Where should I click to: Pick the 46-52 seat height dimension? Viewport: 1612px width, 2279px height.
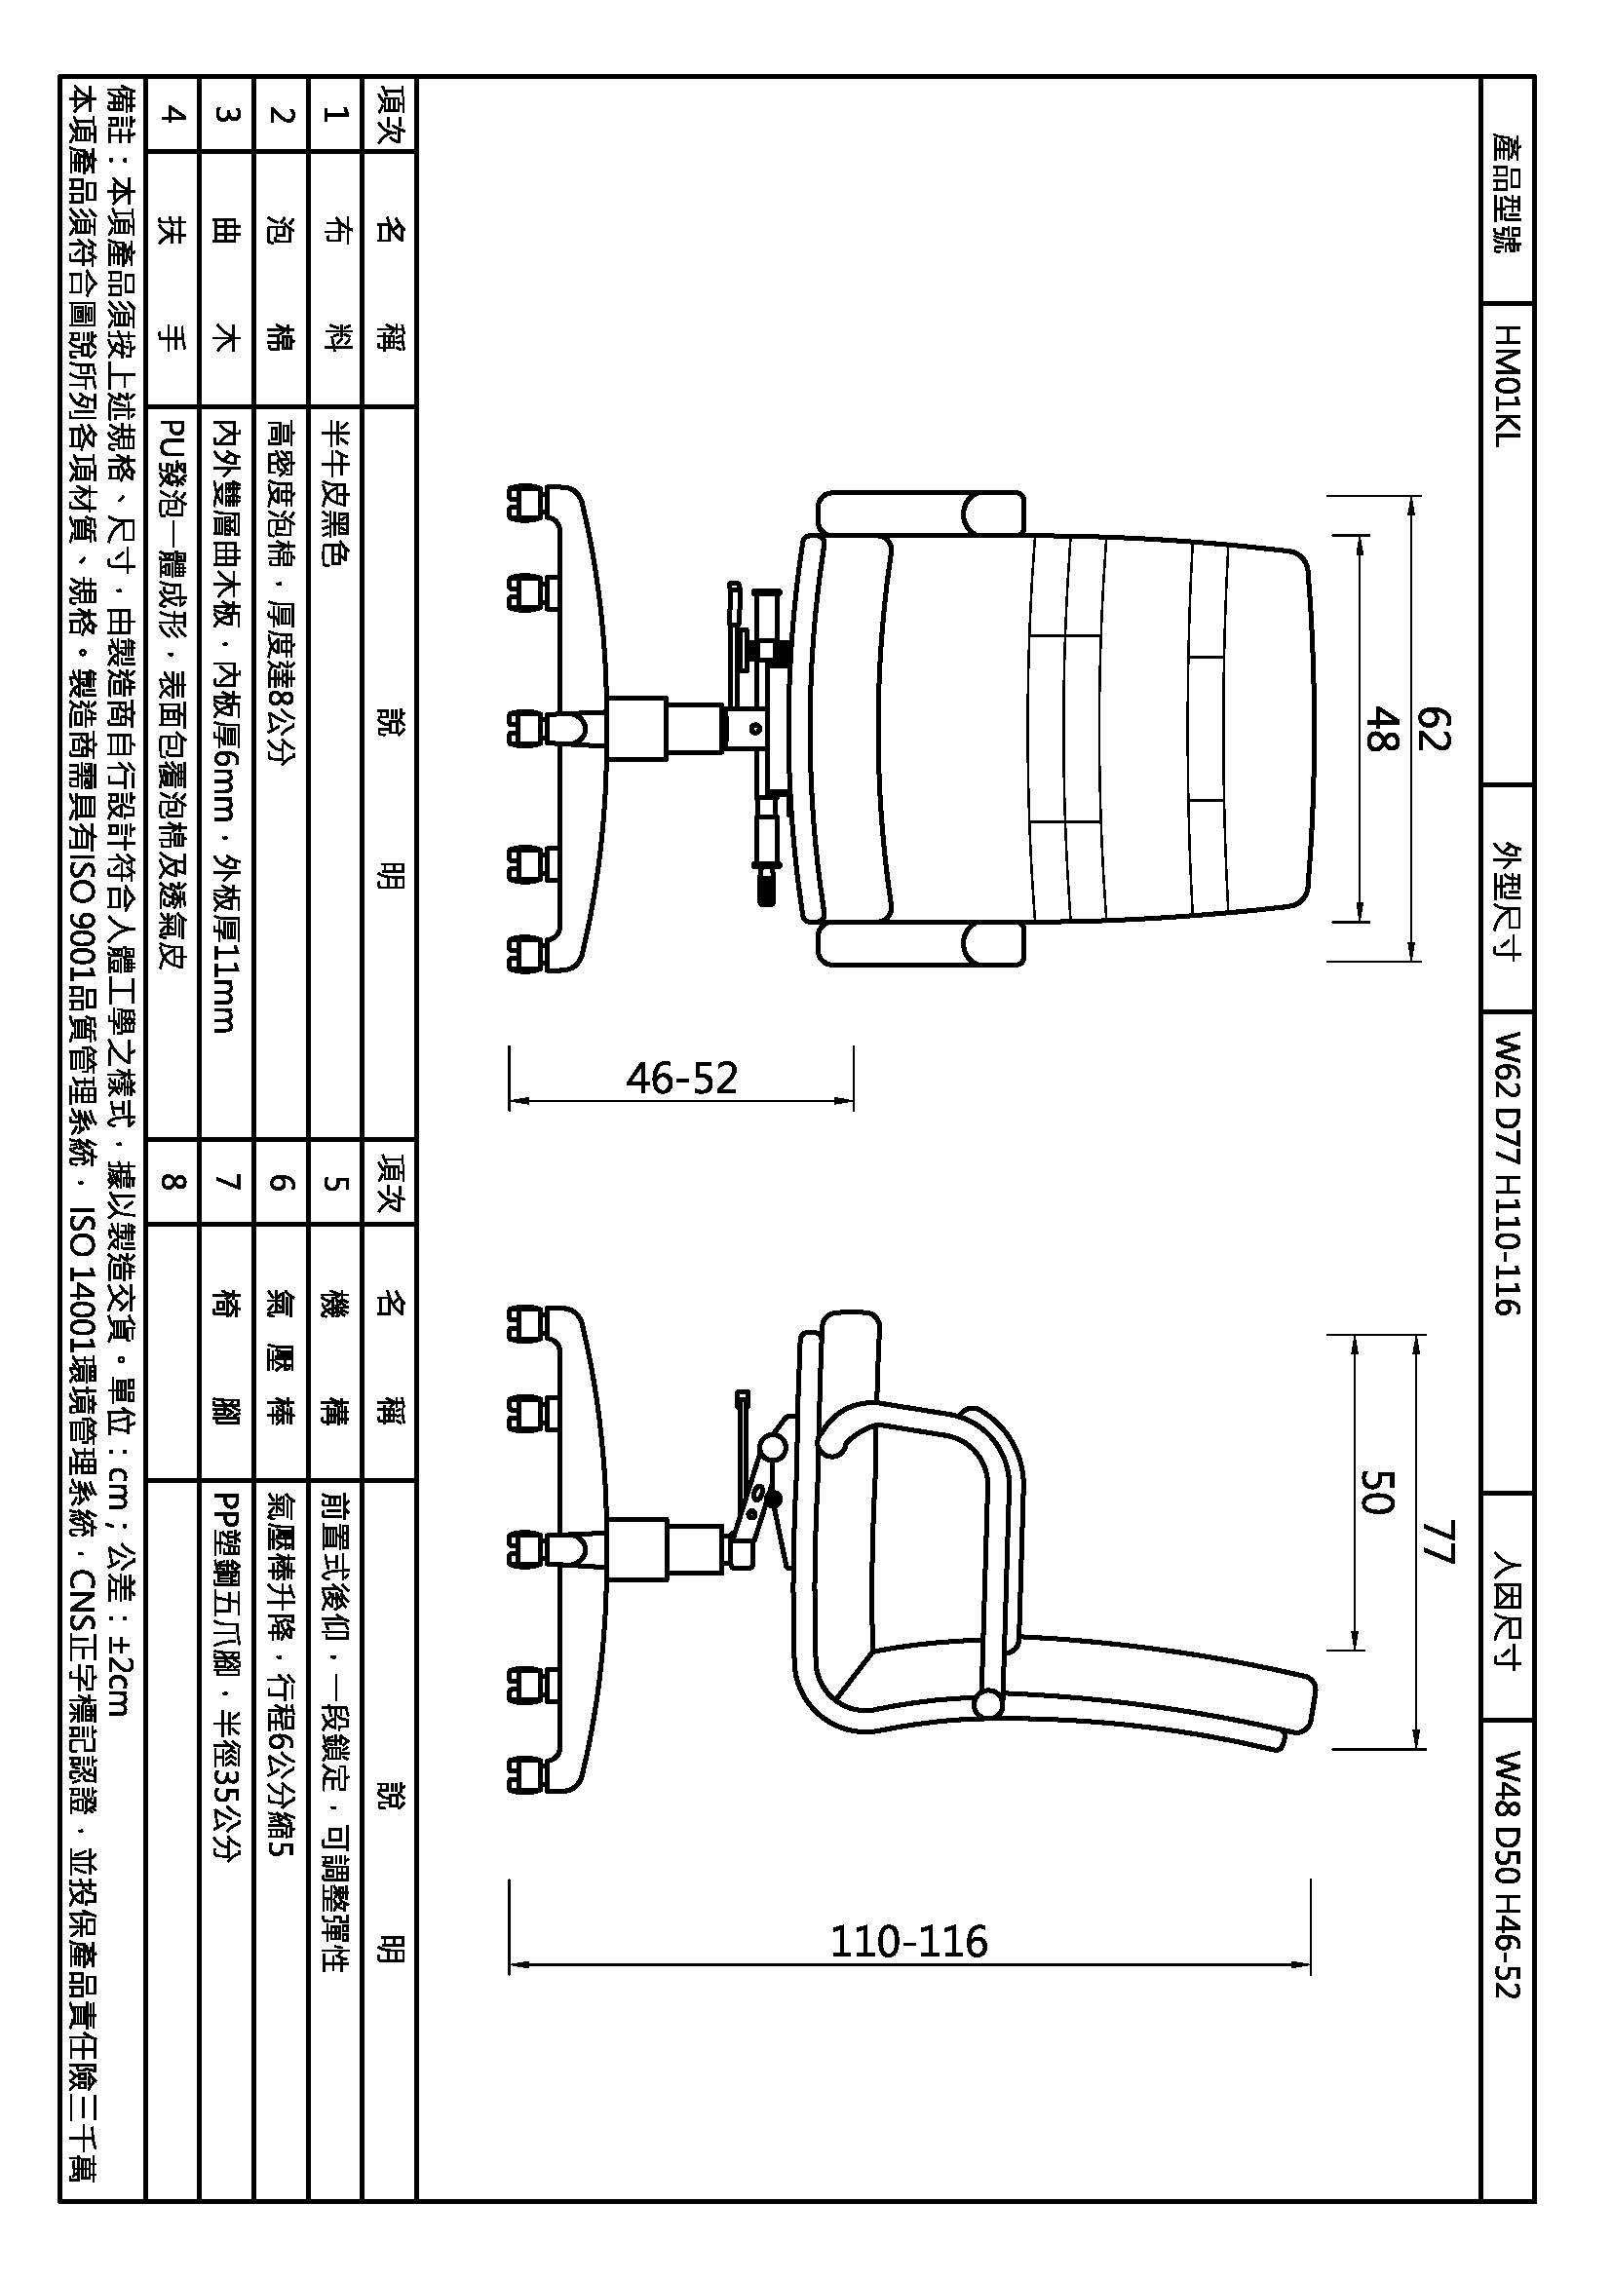pos(682,1078)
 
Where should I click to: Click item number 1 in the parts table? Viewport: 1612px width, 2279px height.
pos(334,113)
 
